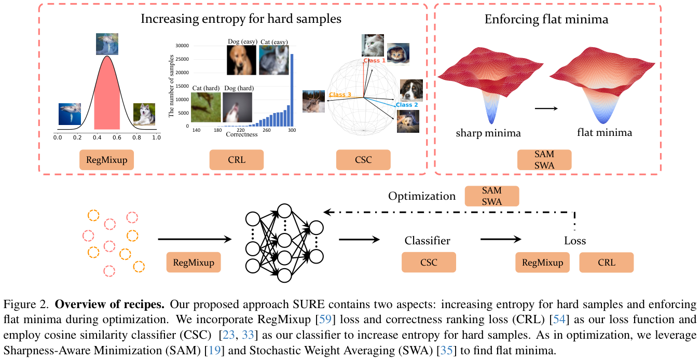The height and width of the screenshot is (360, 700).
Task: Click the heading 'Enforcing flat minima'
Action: [546, 20]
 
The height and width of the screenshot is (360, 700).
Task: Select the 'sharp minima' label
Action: [488, 133]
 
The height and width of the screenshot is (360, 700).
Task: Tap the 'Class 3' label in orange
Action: [340, 94]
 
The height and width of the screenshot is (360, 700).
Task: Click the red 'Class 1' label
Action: [374, 61]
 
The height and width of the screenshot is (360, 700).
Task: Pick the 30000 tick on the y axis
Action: [182, 46]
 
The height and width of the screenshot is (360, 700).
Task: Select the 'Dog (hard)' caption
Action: [238, 89]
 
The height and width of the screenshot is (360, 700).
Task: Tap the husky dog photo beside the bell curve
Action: [144, 114]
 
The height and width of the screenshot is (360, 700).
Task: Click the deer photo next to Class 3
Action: [314, 100]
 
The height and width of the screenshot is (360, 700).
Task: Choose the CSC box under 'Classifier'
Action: [429, 262]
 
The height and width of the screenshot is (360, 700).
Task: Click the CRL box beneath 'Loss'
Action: [606, 262]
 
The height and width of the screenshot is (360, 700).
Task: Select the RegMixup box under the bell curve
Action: [107, 160]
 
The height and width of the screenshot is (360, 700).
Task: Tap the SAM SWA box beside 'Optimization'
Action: [491, 197]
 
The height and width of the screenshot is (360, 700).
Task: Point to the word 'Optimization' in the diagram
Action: [422, 197]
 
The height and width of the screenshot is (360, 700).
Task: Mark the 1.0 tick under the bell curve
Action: [156, 138]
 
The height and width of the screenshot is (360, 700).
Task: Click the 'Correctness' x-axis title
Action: [241, 134]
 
